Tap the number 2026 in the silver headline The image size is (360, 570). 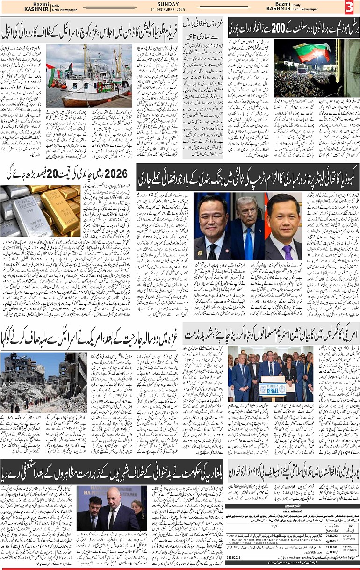pyautogui.click(x=116, y=173)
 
